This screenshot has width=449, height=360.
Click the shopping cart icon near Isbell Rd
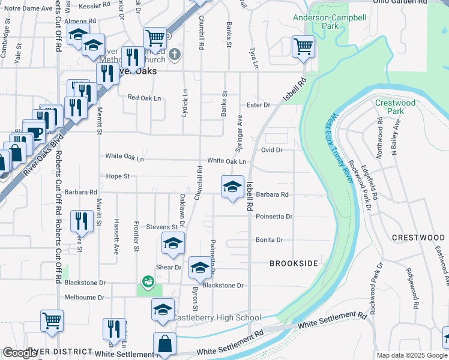[x=303, y=46]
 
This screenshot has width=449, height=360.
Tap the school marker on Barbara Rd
[x=232, y=187]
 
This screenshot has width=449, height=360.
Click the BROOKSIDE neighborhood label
[x=293, y=263]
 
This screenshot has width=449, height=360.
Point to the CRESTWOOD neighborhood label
[x=418, y=238]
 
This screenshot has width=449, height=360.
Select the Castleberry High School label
[x=217, y=317]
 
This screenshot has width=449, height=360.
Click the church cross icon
[x=175, y=55]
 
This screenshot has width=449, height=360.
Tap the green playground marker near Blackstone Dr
[x=147, y=281]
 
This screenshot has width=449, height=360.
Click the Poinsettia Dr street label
[x=274, y=217]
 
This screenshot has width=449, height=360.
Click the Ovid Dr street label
[x=271, y=149]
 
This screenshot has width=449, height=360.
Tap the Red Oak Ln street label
[x=144, y=98]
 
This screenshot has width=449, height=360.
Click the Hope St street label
[x=118, y=176]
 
